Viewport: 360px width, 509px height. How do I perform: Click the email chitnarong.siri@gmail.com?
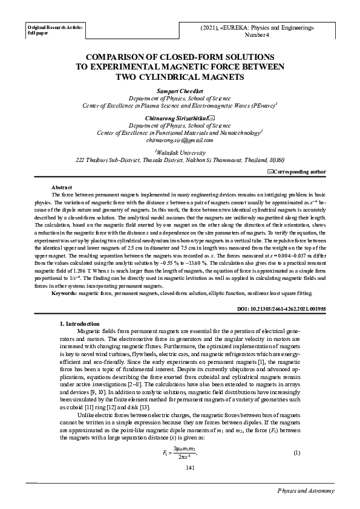(x=180, y=140)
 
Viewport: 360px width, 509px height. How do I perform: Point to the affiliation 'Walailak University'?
(x=180, y=154)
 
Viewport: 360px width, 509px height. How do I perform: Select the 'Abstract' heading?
(x=62, y=188)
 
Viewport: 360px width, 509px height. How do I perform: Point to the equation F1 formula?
(x=180, y=453)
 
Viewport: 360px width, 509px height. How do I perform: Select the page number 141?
(x=180, y=468)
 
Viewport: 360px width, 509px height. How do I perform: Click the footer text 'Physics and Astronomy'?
(x=306, y=491)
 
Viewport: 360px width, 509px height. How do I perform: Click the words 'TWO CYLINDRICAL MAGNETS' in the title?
(x=180, y=78)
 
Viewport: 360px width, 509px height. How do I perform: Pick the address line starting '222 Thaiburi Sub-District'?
(x=180, y=161)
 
